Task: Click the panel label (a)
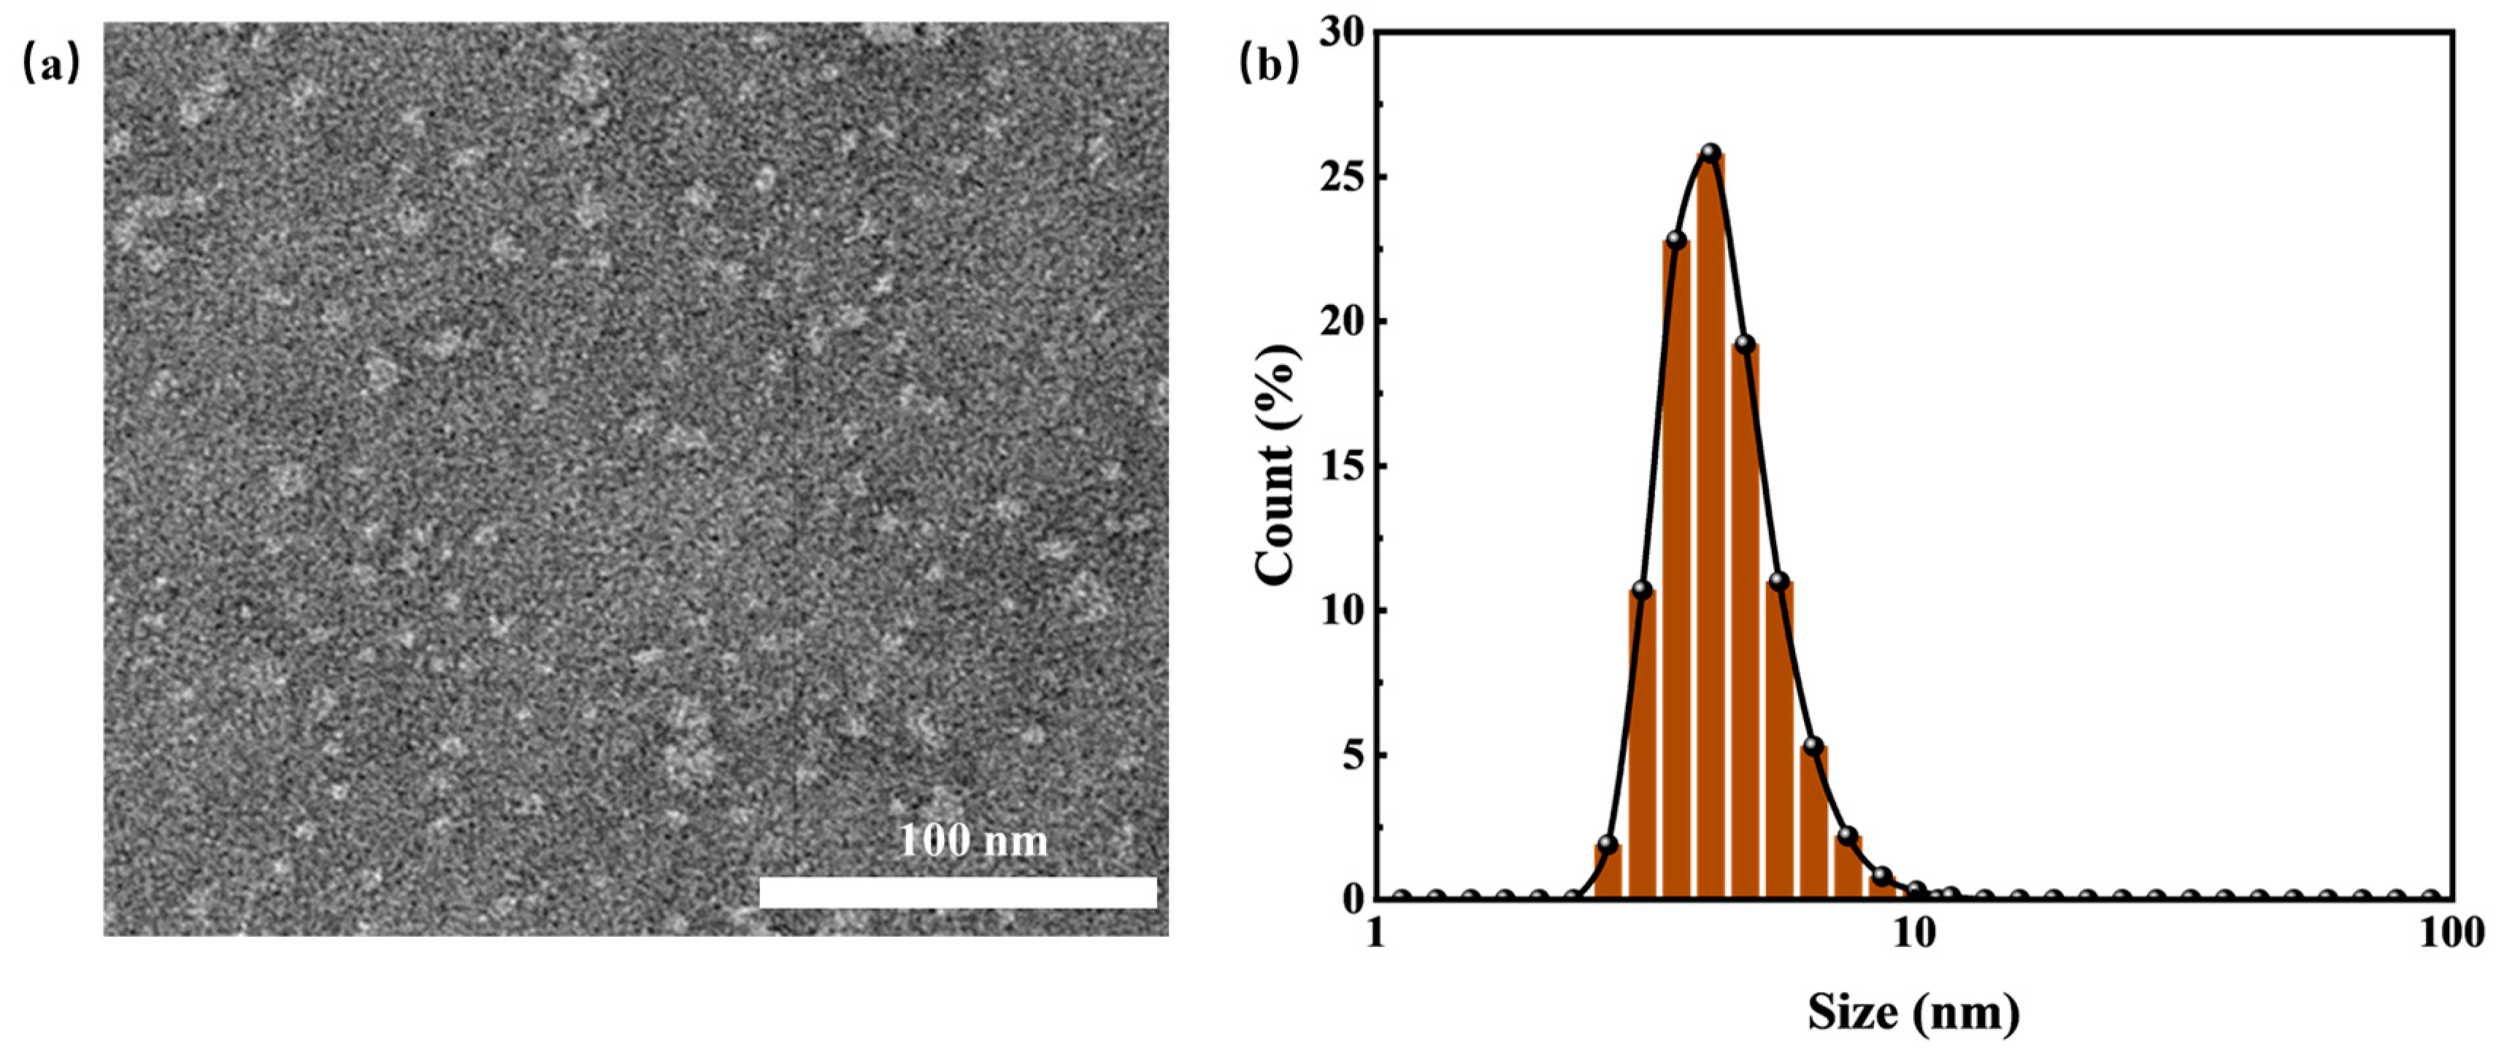click(50, 65)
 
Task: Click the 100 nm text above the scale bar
click(973, 841)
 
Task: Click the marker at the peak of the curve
click(1711, 153)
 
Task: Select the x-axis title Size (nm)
click(1913, 1014)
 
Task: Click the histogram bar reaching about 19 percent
click(1745, 620)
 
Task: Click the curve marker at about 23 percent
click(1677, 240)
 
